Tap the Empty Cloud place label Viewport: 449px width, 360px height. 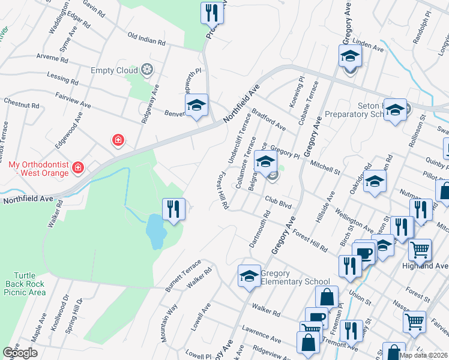pos(114,70)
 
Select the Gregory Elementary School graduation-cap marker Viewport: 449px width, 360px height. pos(249,275)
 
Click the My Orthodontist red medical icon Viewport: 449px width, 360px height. pos(77,168)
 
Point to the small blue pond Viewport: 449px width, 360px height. pos(155,232)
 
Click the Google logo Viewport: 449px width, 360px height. pos(20,353)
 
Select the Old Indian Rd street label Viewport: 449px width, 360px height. pos(146,40)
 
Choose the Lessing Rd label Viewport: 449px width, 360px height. pos(62,79)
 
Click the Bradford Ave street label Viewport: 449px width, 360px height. pos(268,119)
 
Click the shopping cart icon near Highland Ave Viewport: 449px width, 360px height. pos(420,248)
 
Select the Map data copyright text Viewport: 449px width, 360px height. pos(424,355)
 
